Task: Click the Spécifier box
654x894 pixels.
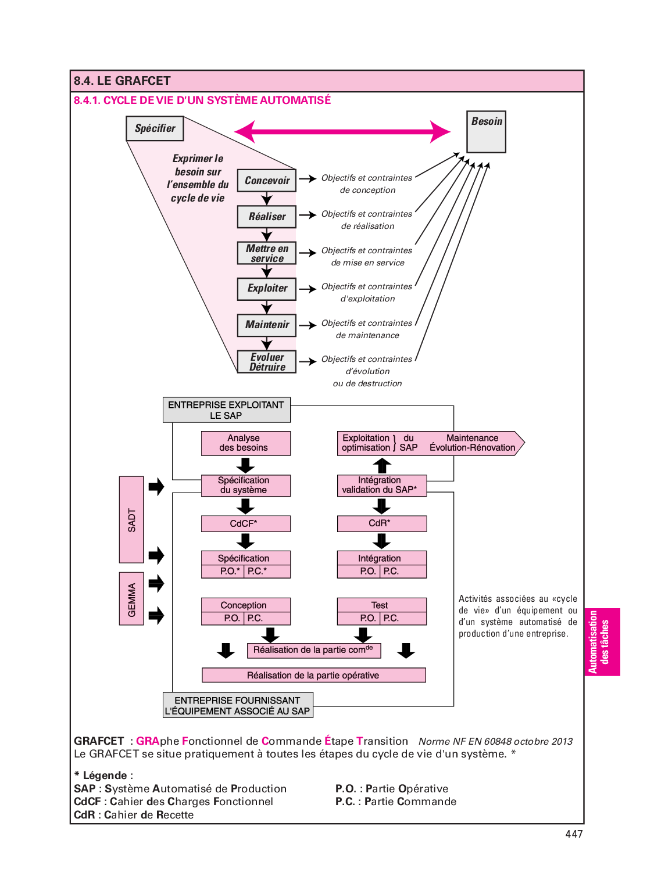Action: pos(155,128)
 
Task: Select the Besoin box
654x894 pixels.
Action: pos(487,132)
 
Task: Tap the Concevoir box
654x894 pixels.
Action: pos(267,181)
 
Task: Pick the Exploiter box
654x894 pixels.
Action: pos(267,289)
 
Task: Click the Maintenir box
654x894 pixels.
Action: pos(267,325)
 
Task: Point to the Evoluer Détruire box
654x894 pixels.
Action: pos(267,362)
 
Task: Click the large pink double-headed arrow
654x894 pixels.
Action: pos(342,132)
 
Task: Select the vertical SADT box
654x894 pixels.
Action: pos(131,520)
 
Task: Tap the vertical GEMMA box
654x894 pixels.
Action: pos(131,599)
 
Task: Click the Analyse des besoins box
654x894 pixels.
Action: pos(245,443)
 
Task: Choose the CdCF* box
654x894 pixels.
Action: pos(245,524)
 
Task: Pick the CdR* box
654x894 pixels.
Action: pos(381,523)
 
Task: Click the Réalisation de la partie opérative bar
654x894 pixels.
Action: pos(313,675)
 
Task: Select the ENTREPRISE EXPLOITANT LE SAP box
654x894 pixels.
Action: pos(226,410)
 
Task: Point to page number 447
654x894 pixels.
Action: pos(574,834)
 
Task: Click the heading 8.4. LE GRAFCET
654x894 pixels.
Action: pos(122,81)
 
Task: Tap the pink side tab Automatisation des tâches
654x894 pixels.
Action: pos(601,642)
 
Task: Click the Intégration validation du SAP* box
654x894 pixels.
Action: pos(381,485)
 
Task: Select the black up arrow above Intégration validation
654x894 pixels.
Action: pos(382,465)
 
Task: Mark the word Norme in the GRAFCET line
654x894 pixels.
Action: pos(434,741)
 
